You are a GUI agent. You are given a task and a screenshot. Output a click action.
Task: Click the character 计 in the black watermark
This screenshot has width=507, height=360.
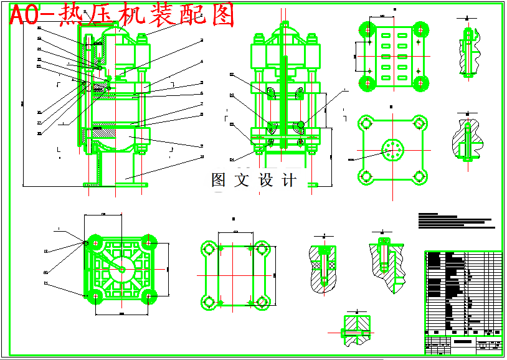click(289, 181)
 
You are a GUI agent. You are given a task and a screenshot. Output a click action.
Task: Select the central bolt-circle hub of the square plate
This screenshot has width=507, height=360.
click(392, 149)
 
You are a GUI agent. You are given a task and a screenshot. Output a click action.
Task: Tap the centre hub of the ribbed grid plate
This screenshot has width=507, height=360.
click(121, 269)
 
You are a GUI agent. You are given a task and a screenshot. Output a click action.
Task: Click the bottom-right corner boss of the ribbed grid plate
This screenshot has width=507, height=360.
click(149, 296)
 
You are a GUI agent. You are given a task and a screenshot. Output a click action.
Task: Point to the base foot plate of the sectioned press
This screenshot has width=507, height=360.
click(115, 184)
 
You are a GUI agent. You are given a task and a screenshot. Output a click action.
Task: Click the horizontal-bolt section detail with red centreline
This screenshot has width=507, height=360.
click(358, 329)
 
